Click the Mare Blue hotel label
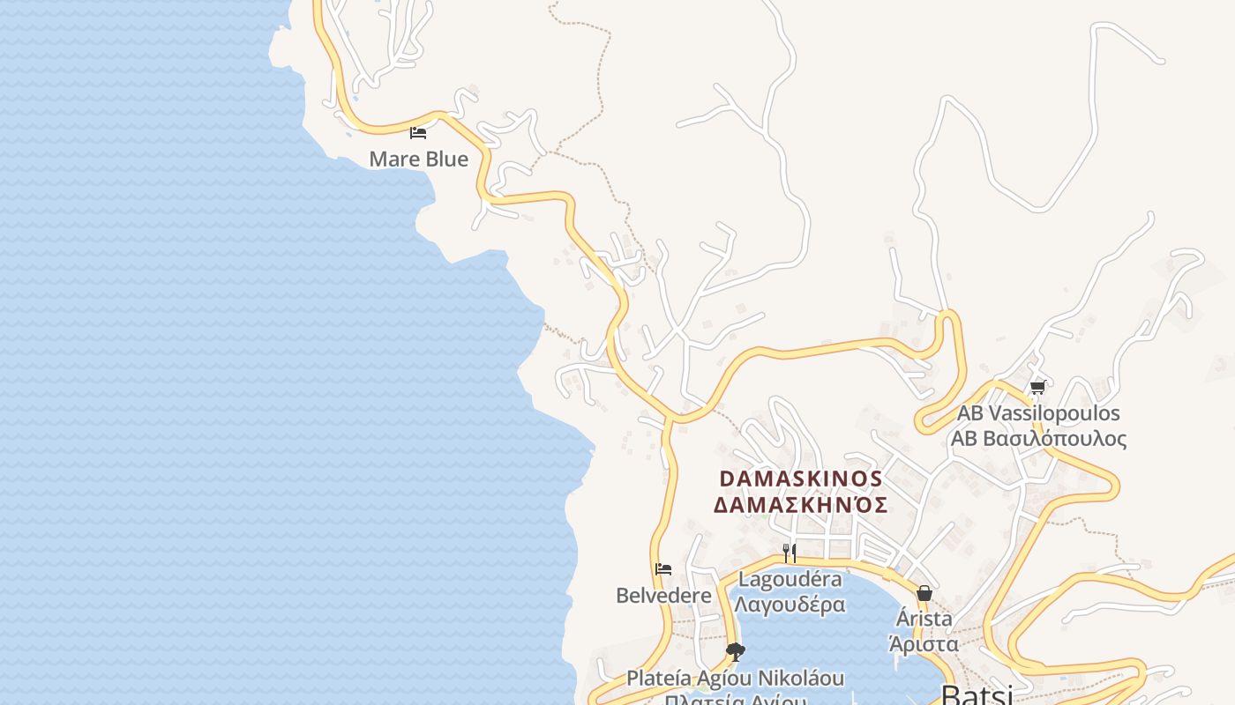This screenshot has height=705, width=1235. [x=418, y=160]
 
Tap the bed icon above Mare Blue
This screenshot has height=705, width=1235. [x=418, y=133]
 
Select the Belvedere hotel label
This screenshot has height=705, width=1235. [x=663, y=596]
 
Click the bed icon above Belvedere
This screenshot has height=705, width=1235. [x=663, y=569]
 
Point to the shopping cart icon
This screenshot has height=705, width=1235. [x=1037, y=387]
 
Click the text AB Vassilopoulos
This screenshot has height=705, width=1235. [x=1038, y=413]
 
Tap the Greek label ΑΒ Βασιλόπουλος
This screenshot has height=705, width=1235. [x=1038, y=438]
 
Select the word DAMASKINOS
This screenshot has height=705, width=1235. [x=800, y=479]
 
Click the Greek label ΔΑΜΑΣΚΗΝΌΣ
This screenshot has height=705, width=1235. [x=800, y=505]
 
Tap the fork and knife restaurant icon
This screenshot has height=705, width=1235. [x=790, y=553]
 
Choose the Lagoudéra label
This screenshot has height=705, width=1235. [x=790, y=580]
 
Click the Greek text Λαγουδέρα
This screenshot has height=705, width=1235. [x=790, y=605]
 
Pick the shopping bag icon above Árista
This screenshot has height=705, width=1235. [x=924, y=593]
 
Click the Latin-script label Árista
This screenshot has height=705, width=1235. [x=924, y=619]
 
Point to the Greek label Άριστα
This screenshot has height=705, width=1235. [x=924, y=643]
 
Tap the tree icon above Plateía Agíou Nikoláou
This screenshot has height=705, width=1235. [x=735, y=652]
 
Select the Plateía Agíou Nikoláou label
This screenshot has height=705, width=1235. [x=735, y=679]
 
